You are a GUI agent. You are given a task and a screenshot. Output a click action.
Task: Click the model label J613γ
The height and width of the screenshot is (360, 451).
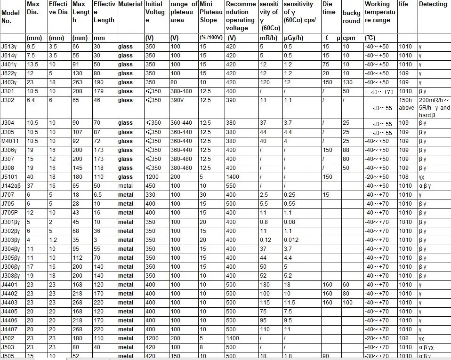click(8, 47)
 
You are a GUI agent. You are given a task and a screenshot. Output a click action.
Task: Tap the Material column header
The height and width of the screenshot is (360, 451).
click(130, 4)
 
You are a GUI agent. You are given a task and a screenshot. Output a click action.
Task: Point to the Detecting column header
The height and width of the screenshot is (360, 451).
click(433, 4)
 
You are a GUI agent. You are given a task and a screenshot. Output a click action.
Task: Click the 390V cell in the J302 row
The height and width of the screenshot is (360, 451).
click(177, 100)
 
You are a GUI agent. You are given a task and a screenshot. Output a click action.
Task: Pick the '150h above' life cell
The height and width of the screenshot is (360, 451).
click(406, 104)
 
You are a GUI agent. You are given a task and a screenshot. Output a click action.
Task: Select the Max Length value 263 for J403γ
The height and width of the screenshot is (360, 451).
click(77, 82)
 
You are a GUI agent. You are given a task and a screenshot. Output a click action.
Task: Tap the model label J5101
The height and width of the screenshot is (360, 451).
click(9, 177)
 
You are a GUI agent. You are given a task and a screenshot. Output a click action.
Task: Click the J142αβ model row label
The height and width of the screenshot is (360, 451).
click(11, 186)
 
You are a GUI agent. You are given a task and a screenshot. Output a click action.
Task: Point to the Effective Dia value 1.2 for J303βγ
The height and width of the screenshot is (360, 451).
click(53, 240)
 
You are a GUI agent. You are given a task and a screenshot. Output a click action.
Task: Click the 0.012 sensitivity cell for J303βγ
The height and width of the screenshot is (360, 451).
click(291, 240)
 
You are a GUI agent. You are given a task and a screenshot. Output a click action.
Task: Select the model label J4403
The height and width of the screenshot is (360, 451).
click(9, 303)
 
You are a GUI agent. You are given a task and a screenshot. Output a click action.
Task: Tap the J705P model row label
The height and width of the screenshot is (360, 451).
click(10, 213)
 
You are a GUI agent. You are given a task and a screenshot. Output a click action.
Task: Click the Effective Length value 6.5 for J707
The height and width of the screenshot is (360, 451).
click(98, 195)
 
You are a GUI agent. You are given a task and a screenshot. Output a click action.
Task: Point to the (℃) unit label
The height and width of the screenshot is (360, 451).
click(370, 38)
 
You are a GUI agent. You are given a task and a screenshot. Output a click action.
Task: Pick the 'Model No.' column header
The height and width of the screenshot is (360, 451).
click(10, 17)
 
